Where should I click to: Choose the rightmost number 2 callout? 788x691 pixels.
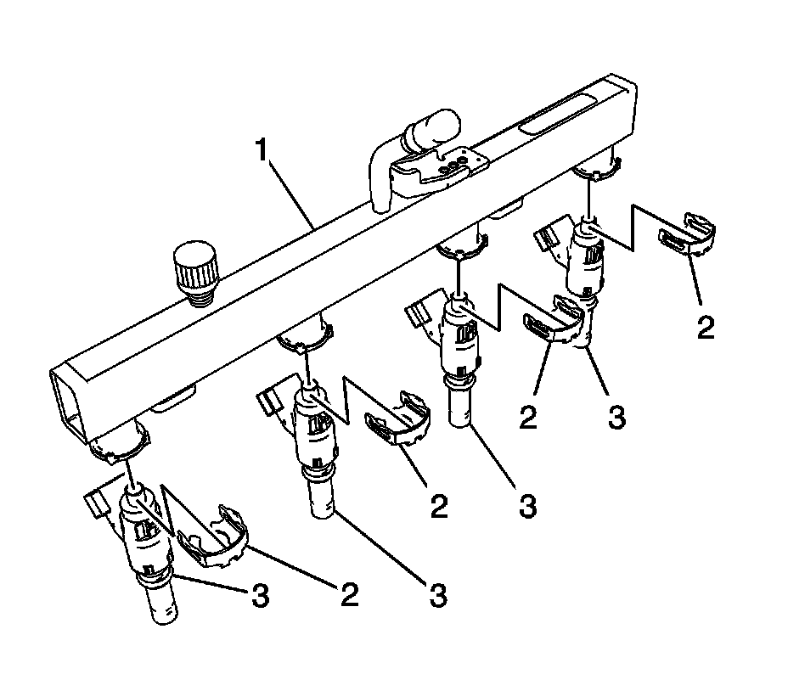pyautogui.click(x=705, y=327)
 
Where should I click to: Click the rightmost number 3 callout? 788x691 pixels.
pyautogui.click(x=616, y=418)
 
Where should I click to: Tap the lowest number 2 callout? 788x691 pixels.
pyautogui.click(x=348, y=594)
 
